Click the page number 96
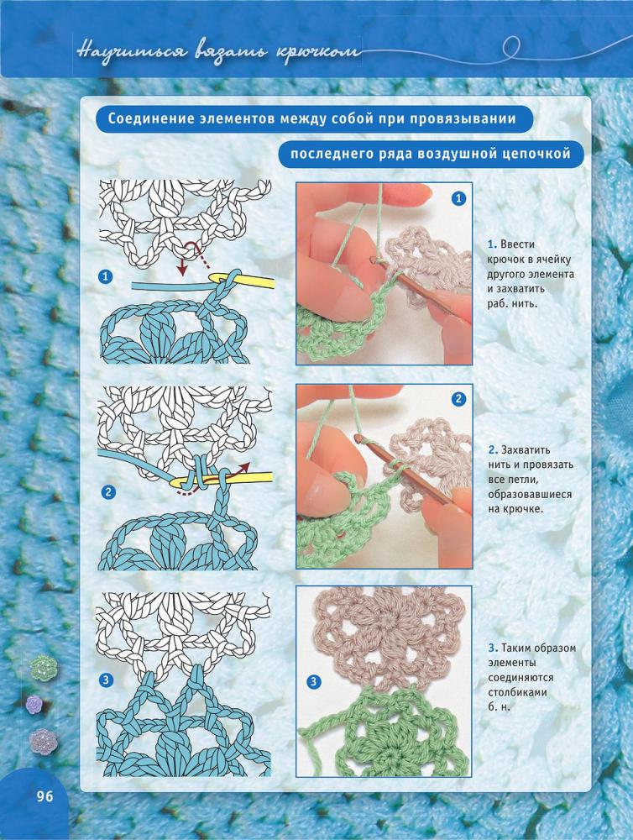click(x=45, y=796)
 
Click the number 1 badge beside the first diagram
click(x=106, y=276)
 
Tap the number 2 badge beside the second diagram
click(x=108, y=491)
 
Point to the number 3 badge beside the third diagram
click(x=107, y=680)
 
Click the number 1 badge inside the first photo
click(x=458, y=199)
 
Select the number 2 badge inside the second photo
click(x=458, y=399)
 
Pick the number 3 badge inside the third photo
click(x=313, y=682)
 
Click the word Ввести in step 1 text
click(x=517, y=244)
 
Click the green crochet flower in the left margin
click(x=44, y=667)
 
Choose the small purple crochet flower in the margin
click(x=34, y=704)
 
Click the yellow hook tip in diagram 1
click(x=217, y=276)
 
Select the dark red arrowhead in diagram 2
click(x=245, y=466)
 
